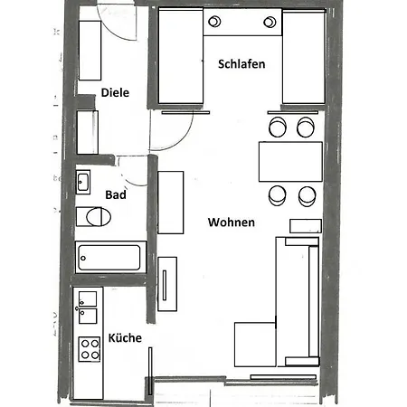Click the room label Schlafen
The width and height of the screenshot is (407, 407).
241,64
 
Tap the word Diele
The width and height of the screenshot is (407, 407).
115,92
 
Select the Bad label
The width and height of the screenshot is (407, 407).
116,194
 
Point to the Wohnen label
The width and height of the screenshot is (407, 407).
232,222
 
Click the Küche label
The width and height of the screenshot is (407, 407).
125,337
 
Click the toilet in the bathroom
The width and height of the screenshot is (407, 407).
93,216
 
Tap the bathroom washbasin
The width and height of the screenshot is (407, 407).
83,182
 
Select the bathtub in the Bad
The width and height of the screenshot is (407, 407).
110,257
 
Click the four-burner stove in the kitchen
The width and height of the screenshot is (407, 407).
90,349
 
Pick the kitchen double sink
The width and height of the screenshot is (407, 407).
88,308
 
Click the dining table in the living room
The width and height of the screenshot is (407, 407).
290,162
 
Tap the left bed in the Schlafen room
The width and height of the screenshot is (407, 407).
181,56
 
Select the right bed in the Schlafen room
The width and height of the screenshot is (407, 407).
304,57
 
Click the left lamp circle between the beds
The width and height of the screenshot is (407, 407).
214,22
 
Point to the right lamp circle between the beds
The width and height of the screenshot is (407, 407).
270,22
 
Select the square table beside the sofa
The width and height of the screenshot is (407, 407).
255,345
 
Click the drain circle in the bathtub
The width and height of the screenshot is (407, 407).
83,258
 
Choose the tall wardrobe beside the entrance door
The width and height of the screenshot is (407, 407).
90,51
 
